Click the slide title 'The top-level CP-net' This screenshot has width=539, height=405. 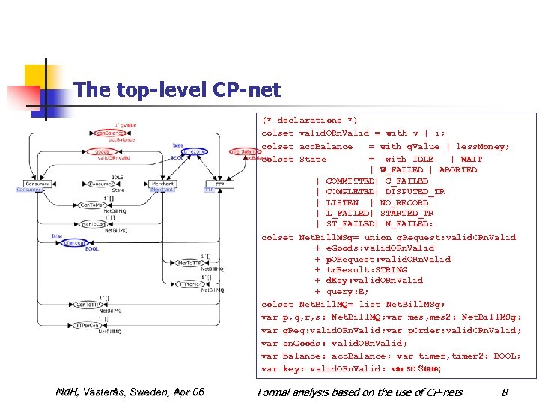click(177, 91)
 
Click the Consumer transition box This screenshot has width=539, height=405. click(37, 184)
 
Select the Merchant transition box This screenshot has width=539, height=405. click(162, 184)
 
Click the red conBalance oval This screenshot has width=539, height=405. click(109, 133)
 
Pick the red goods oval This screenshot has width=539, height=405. click(103, 151)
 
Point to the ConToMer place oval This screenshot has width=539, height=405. click(92, 205)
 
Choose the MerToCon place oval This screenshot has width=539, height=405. click(92, 224)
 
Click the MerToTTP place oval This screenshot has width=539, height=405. click(187, 262)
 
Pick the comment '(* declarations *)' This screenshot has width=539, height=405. click(309, 121)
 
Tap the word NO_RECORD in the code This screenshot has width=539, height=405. click(404, 202)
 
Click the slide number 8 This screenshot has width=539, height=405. click(505, 391)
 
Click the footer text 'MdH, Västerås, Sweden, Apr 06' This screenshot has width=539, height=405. click(130, 391)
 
